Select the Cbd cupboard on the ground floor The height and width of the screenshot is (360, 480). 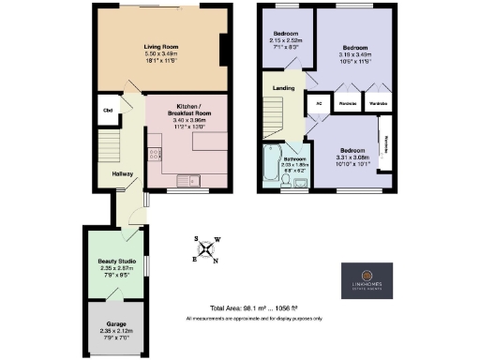(x=109, y=110)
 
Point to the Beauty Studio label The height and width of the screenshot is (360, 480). (x=118, y=262)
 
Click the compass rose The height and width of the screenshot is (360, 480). (x=206, y=248)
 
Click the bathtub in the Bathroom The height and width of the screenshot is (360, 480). (x=272, y=165)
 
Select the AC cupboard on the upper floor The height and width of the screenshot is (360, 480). (x=319, y=103)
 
